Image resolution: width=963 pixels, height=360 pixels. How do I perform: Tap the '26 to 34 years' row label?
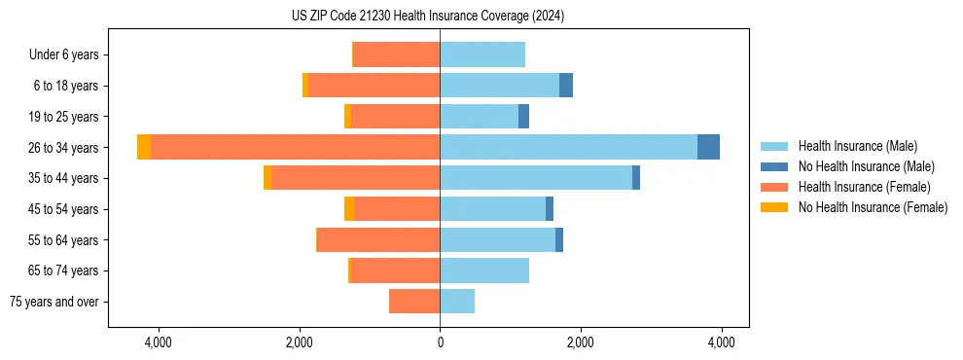(64, 148)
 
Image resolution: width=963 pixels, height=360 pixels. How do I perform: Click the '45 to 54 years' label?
(64, 209)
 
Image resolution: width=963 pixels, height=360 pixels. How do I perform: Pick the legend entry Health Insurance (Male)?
(857, 146)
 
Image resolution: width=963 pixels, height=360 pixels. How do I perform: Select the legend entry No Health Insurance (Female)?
(872, 207)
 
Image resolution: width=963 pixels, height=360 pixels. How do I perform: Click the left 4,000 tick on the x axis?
(158, 342)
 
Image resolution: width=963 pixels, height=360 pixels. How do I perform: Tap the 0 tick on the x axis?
(440, 342)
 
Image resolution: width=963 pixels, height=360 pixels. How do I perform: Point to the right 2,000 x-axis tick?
(581, 342)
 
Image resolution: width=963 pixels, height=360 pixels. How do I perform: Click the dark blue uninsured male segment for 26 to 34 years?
(708, 147)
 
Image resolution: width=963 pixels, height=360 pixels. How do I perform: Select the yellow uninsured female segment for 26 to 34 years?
(144, 147)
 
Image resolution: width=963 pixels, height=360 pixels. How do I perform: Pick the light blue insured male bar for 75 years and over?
(457, 302)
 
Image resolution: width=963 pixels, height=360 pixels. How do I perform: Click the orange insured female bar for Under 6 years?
(396, 54)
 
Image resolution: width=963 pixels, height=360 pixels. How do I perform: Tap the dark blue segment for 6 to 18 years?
(566, 86)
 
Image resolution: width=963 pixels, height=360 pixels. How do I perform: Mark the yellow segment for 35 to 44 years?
(267, 178)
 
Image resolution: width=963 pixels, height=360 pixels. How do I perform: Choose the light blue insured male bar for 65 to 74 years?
(484, 270)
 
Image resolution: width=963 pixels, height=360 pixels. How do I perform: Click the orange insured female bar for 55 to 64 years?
(378, 239)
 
